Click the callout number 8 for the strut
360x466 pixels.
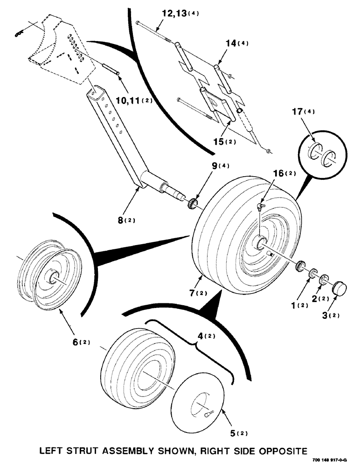122,220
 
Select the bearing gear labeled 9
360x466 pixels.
192,203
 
